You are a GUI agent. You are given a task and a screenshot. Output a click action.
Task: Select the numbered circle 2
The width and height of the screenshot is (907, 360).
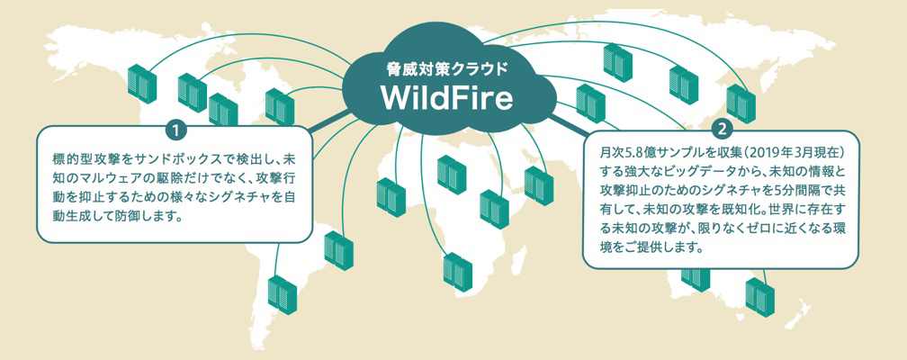click(x=719, y=129)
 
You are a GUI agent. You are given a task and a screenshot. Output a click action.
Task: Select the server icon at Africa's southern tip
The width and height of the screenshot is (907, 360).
click(x=457, y=270)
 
